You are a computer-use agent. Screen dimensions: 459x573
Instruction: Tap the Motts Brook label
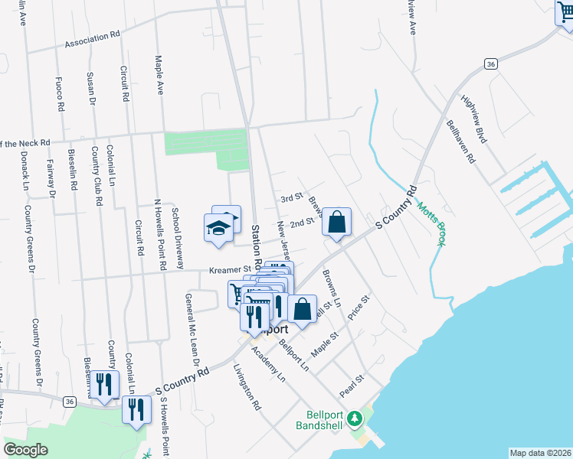(430, 223)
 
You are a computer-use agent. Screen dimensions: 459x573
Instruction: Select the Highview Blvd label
(474, 119)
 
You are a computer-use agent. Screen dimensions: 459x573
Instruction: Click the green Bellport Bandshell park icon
(354, 418)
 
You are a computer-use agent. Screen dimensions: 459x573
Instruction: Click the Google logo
(25, 450)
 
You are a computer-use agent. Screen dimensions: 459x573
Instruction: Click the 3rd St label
(291, 198)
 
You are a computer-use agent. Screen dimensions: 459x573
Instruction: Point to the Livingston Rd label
(247, 389)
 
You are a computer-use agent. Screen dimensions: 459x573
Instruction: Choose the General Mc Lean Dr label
(188, 323)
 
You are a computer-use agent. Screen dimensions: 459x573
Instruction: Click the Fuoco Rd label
(59, 93)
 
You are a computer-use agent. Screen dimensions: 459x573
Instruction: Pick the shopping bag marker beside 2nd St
(336, 223)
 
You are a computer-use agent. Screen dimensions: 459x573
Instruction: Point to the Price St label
(358, 308)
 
